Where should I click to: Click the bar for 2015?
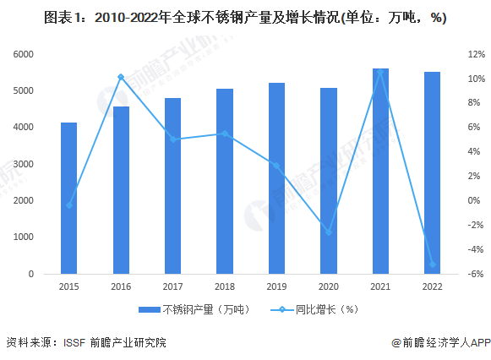(68, 198)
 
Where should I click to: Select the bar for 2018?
(225, 181)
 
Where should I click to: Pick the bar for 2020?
(329, 181)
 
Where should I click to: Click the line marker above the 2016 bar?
(121, 77)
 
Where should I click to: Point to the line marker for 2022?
(433, 265)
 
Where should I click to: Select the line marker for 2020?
(329, 232)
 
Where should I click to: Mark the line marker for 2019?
(277, 166)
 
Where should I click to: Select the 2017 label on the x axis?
(172, 287)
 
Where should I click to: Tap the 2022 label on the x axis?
(433, 287)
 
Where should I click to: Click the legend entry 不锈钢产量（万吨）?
(194, 309)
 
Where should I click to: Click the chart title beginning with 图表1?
(245, 17)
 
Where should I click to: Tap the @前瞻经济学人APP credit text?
(439, 342)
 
